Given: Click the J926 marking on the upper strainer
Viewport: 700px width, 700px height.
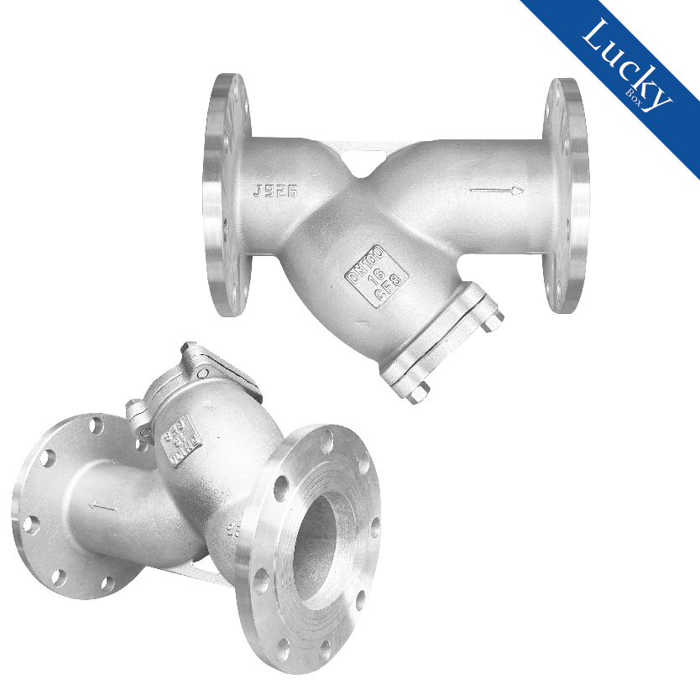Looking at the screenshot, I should click(x=274, y=191).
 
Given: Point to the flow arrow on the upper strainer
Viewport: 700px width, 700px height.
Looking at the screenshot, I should click(x=496, y=191).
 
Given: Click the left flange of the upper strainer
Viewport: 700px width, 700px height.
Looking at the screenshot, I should click(x=224, y=195).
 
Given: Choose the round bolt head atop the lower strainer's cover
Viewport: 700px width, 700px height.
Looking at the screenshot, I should click(x=202, y=373).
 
